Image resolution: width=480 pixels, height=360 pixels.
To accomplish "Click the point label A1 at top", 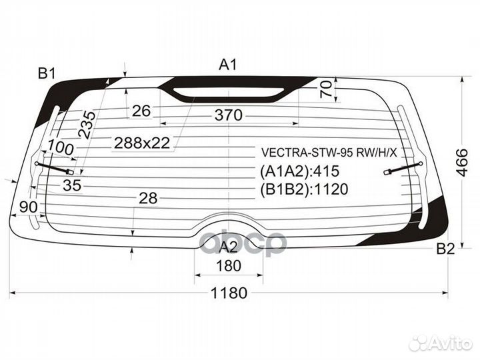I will click(x=229, y=65).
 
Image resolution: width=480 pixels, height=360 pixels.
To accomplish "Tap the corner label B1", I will click(x=46, y=73).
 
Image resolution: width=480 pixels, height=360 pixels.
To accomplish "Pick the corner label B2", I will click(x=445, y=249).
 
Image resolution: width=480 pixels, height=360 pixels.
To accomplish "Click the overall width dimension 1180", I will click(x=229, y=293).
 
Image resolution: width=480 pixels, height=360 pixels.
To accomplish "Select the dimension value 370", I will click(x=228, y=115).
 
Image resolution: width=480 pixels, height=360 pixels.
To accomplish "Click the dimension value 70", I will click(x=326, y=89).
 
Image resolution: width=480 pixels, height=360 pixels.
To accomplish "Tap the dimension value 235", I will click(x=87, y=124).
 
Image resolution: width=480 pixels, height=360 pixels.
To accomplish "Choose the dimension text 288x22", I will click(x=142, y=142).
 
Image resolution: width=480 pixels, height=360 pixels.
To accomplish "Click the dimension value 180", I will click(x=229, y=266).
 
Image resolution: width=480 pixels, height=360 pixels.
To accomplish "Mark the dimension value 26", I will click(x=141, y=111).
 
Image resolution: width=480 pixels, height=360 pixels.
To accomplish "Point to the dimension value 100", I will click(x=61, y=147).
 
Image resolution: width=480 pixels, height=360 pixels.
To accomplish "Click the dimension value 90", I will click(x=28, y=207).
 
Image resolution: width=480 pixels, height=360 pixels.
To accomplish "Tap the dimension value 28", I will click(x=148, y=197).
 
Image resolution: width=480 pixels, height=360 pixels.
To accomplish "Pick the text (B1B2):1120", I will click(x=304, y=189).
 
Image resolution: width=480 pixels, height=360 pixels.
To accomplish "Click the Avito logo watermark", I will click(x=441, y=343).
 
